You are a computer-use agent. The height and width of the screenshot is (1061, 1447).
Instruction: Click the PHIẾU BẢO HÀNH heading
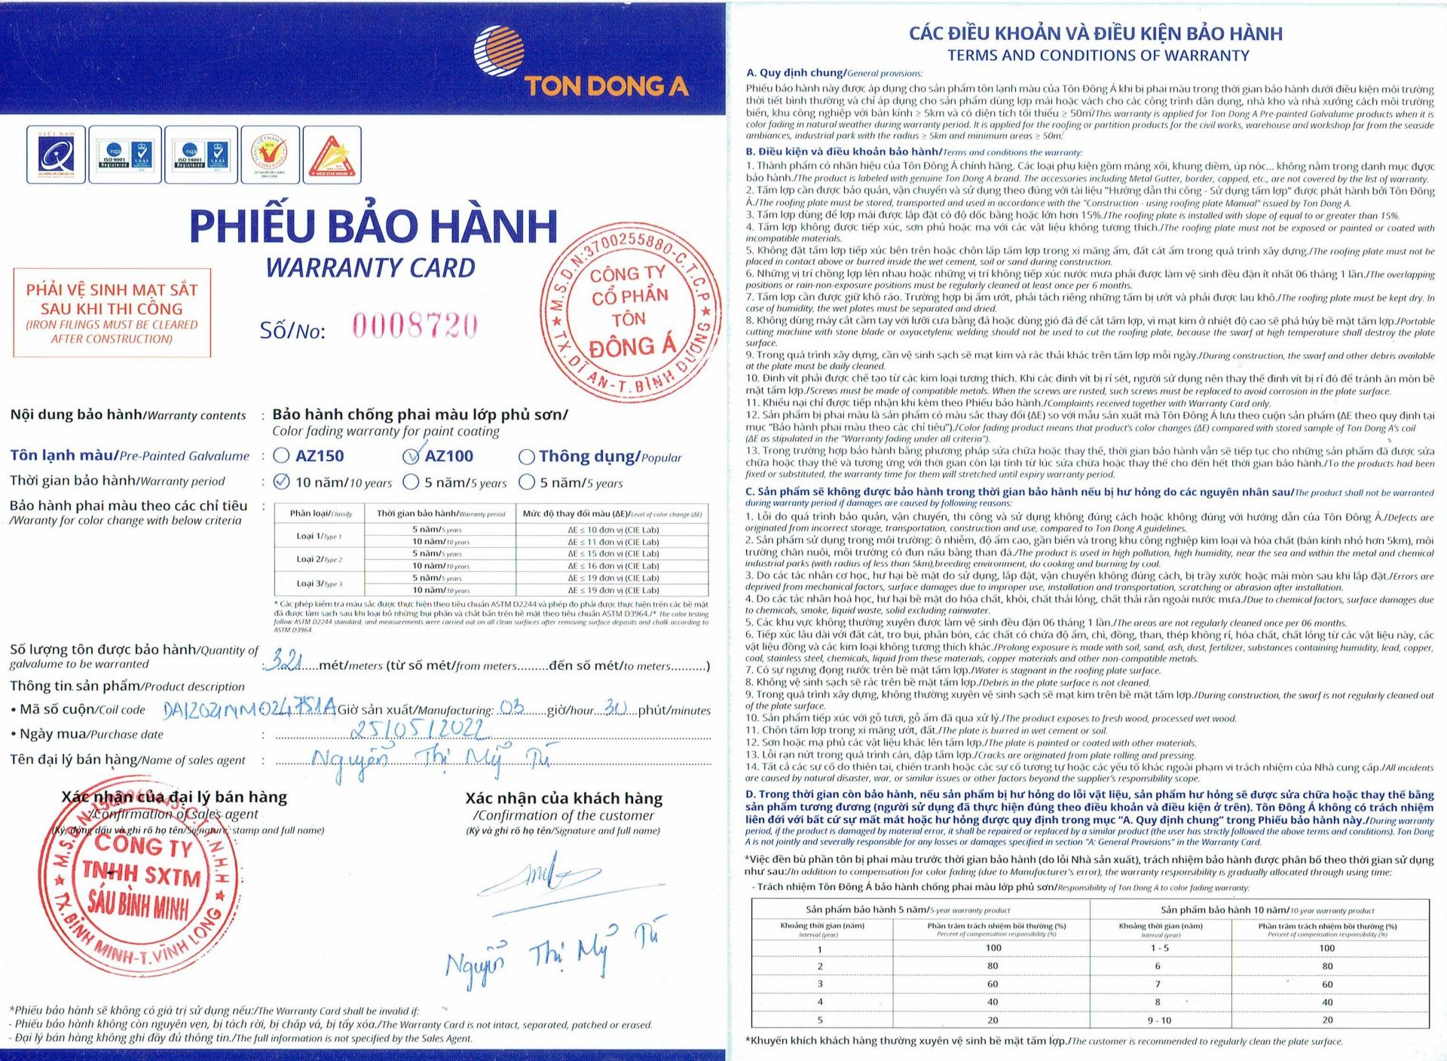[373, 226]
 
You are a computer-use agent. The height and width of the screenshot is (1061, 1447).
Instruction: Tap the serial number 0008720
[415, 326]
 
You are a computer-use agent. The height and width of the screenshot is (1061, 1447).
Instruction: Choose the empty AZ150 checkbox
[281, 455]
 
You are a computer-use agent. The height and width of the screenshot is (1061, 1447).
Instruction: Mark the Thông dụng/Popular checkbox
[527, 457]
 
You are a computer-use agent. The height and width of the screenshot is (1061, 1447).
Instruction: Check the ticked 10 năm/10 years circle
[281, 482]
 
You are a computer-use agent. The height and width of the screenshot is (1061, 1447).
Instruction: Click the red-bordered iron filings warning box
[112, 312]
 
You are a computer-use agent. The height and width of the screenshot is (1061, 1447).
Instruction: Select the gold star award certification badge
[332, 155]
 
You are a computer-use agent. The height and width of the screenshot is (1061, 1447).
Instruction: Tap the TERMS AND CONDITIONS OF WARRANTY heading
[1097, 55]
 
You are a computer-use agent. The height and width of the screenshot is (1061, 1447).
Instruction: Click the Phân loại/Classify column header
[321, 513]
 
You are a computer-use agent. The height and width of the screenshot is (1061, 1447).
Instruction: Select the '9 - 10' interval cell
[1159, 1020]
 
